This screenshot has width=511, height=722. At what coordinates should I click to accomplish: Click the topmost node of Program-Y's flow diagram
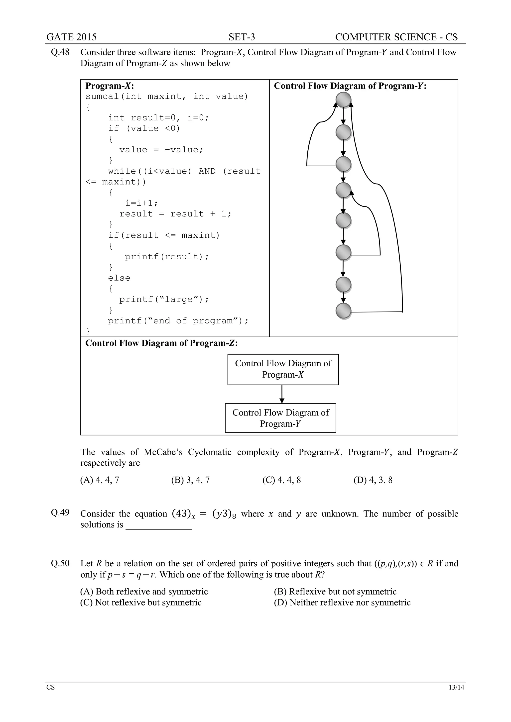click(x=343, y=100)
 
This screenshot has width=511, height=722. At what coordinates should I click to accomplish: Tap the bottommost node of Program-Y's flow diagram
click(x=343, y=311)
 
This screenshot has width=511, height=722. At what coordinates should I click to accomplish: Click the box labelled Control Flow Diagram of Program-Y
click(x=280, y=418)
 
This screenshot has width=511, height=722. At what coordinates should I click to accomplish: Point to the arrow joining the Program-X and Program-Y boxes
click(x=282, y=394)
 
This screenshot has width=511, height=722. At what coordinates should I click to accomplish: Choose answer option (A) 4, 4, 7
click(x=100, y=480)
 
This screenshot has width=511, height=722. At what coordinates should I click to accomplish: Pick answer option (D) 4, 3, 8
click(x=373, y=480)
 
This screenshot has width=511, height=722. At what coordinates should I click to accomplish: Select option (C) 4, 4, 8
click(x=282, y=480)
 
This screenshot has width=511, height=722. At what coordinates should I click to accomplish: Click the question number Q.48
click(x=60, y=52)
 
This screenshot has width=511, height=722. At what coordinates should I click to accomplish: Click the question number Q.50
click(x=60, y=563)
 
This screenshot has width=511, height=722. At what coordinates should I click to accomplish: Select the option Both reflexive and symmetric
click(x=144, y=592)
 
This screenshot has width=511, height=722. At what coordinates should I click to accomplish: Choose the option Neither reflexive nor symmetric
click(x=342, y=603)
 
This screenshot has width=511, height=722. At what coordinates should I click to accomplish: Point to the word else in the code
click(x=119, y=278)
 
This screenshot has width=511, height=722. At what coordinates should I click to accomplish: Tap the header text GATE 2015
click(x=71, y=37)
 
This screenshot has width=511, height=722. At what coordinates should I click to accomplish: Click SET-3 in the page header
click(x=242, y=37)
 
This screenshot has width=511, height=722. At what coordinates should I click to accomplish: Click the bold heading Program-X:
click(x=110, y=86)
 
